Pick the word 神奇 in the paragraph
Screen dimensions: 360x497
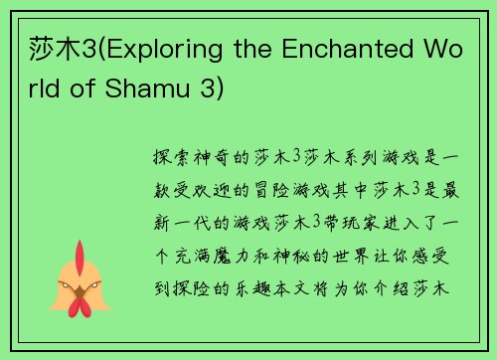[x=215, y=157]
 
